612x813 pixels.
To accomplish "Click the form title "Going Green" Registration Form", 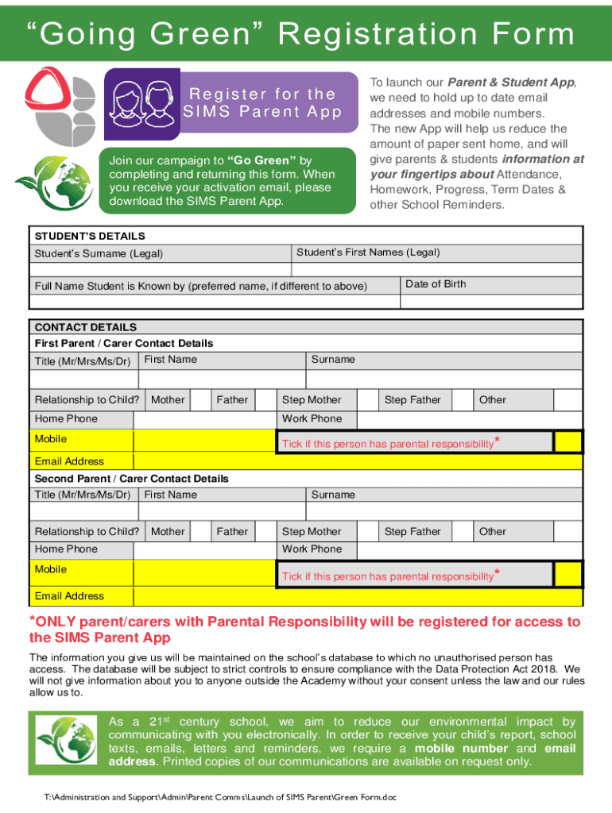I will (306, 34).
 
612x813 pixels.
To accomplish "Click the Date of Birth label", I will (436, 284).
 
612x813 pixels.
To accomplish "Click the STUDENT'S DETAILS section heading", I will (90, 236).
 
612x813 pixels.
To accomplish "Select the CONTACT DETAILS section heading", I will (86, 327).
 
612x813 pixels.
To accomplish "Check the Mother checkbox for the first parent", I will (201, 400).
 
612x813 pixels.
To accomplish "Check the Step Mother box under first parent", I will (366, 400).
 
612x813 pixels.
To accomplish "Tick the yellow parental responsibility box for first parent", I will (567, 441).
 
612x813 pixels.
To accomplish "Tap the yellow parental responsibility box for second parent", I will (567, 574).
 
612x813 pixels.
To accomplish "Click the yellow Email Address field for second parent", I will (358, 596).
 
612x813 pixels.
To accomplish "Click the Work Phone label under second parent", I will (312, 549).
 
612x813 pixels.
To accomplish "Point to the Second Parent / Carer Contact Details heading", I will (131, 479).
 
